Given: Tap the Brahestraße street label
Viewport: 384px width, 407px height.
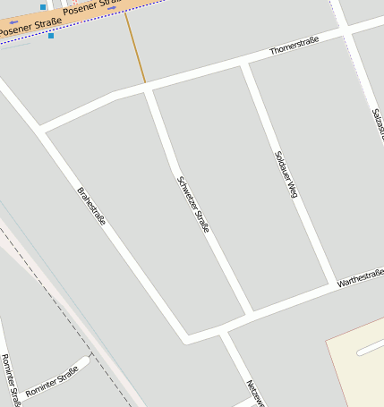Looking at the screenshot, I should pyautogui.click(x=91, y=205).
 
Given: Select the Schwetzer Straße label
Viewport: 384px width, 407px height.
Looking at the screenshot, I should pyautogui.click(x=193, y=205).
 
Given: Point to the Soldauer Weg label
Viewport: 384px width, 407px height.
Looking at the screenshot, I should pyautogui.click(x=286, y=174).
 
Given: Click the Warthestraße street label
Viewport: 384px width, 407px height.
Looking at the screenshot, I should pyautogui.click(x=360, y=279).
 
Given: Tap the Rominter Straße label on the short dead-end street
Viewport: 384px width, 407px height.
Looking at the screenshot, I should pyautogui.click(x=53, y=382).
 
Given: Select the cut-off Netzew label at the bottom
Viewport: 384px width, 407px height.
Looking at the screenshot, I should pyautogui.click(x=255, y=394).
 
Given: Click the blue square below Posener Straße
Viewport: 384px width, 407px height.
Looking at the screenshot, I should pyautogui.click(x=51, y=36).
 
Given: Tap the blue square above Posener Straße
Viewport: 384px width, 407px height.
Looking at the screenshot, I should pyautogui.click(x=43, y=7).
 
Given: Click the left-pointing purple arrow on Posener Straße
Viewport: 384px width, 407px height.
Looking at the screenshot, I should pyautogui.click(x=13, y=22).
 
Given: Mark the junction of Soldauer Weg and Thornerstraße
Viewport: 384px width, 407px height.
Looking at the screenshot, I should pyautogui.click(x=244, y=64).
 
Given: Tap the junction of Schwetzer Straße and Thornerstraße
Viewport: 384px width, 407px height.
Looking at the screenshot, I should pyautogui.click(x=147, y=89).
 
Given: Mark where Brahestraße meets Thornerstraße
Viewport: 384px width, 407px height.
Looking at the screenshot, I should pyautogui.click(x=40, y=131).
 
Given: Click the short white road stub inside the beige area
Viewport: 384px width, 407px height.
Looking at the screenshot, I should pyautogui.click(x=370, y=347).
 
